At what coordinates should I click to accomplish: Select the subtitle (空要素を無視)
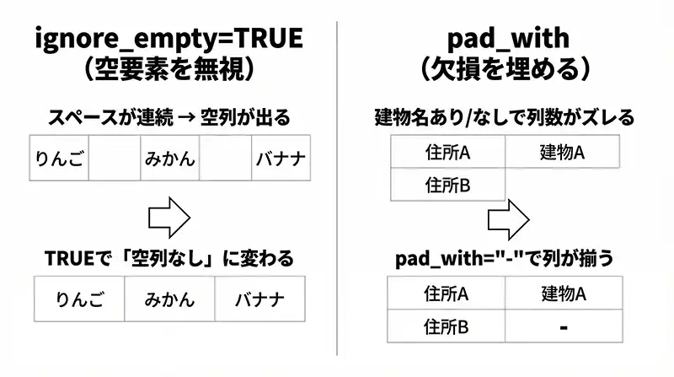point(169,69)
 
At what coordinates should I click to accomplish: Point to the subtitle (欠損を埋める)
point(506,69)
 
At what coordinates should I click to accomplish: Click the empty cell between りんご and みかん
point(113,158)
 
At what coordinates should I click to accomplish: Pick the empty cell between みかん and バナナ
point(225,158)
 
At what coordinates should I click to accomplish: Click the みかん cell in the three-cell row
point(169,299)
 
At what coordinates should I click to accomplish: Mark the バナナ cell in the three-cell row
point(259,299)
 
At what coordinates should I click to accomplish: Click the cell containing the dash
point(563,325)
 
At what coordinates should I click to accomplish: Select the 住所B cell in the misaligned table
point(447,183)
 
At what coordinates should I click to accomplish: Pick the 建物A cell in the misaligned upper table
point(562,153)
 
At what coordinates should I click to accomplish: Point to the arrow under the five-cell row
point(168,218)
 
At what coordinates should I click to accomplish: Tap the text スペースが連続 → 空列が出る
point(169,117)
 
